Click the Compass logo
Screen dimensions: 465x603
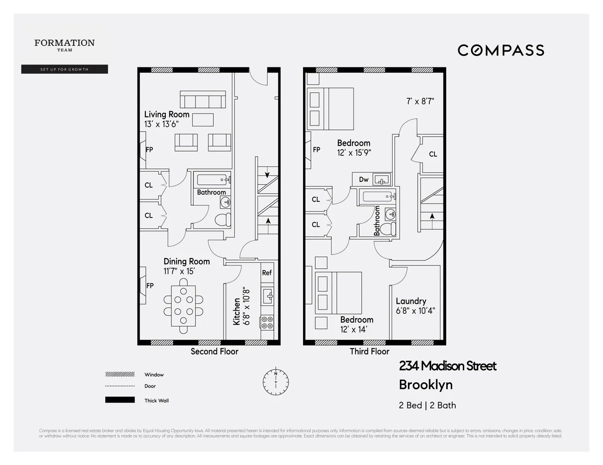(x=501, y=50)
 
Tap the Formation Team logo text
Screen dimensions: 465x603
(x=64, y=44)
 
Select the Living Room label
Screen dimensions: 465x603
(x=167, y=114)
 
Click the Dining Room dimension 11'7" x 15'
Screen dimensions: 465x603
(x=179, y=271)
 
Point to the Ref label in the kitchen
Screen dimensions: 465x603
(x=267, y=273)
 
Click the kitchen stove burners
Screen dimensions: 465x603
(x=267, y=322)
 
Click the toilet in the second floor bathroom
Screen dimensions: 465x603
(x=224, y=219)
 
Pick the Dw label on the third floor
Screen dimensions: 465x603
(x=364, y=179)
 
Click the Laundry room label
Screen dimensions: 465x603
(x=411, y=301)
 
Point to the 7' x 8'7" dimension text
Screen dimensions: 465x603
(x=420, y=101)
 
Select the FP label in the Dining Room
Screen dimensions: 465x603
(x=150, y=286)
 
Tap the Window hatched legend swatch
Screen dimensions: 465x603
(x=120, y=374)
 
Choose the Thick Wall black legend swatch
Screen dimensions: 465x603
(x=120, y=400)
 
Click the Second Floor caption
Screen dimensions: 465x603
(x=214, y=352)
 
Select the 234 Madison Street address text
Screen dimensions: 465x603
(x=447, y=366)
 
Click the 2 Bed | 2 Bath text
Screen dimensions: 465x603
(x=427, y=405)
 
